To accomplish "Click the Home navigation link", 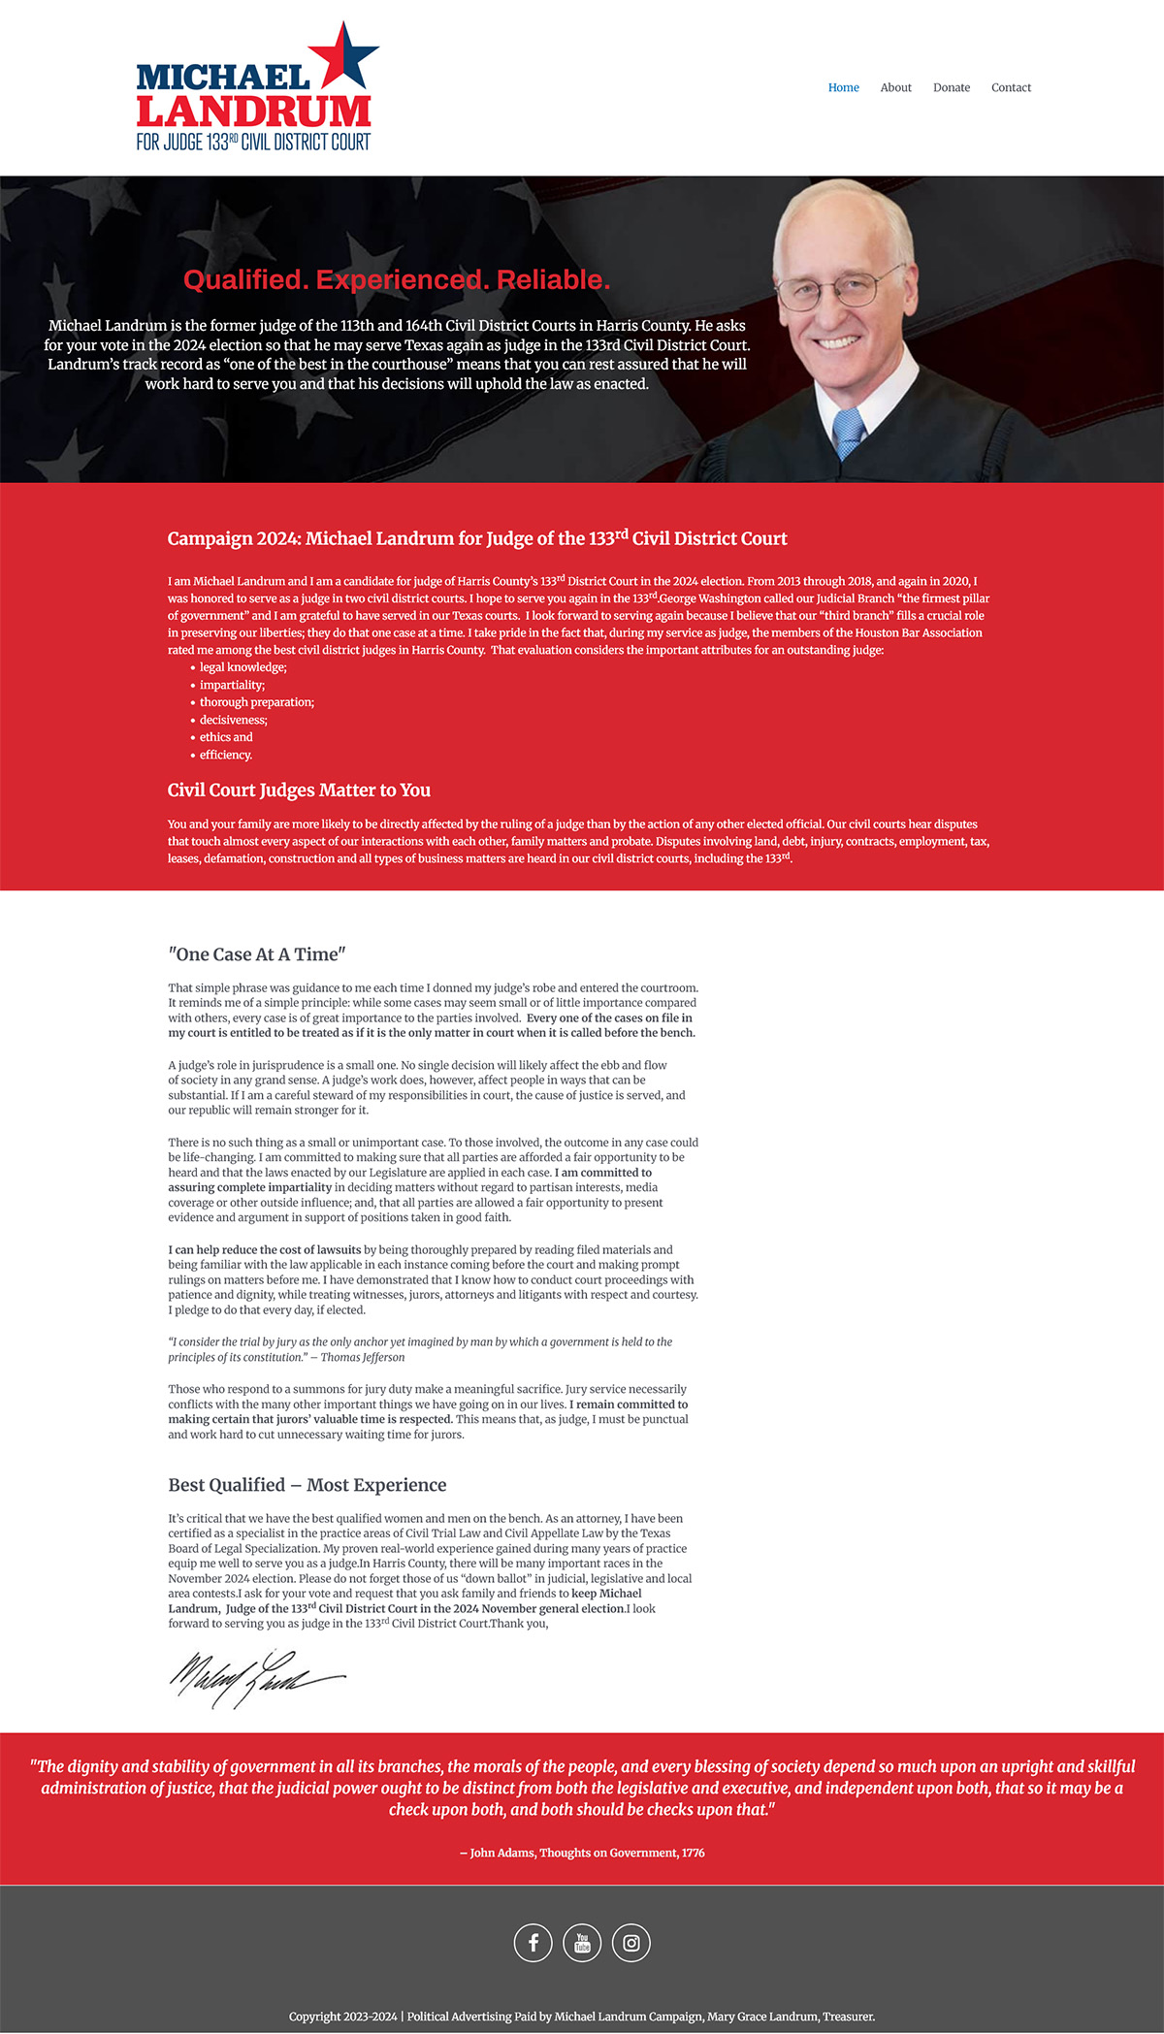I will pyautogui.click(x=843, y=87).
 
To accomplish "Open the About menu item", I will pyautogui.click(x=895, y=87).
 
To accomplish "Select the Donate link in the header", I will pyautogui.click(x=951, y=87).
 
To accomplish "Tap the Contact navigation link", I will pyautogui.click(x=1011, y=87).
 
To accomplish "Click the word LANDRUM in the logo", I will pyautogui.click(x=254, y=112).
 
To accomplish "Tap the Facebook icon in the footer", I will pyautogui.click(x=533, y=1942).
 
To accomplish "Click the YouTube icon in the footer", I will pyautogui.click(x=582, y=1942).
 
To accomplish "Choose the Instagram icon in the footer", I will pyautogui.click(x=631, y=1942).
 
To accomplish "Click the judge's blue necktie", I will pyautogui.click(x=849, y=433).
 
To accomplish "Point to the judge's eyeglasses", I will pyautogui.click(x=839, y=289).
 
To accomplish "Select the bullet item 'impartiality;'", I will pyautogui.click(x=232, y=685).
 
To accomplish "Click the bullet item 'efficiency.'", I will pyautogui.click(x=226, y=755).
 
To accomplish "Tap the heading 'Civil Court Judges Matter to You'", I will pyautogui.click(x=299, y=791).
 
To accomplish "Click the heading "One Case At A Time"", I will pyautogui.click(x=257, y=954).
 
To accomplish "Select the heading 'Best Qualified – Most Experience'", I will pyautogui.click(x=307, y=1485).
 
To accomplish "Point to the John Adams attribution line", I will pyautogui.click(x=582, y=1853).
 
